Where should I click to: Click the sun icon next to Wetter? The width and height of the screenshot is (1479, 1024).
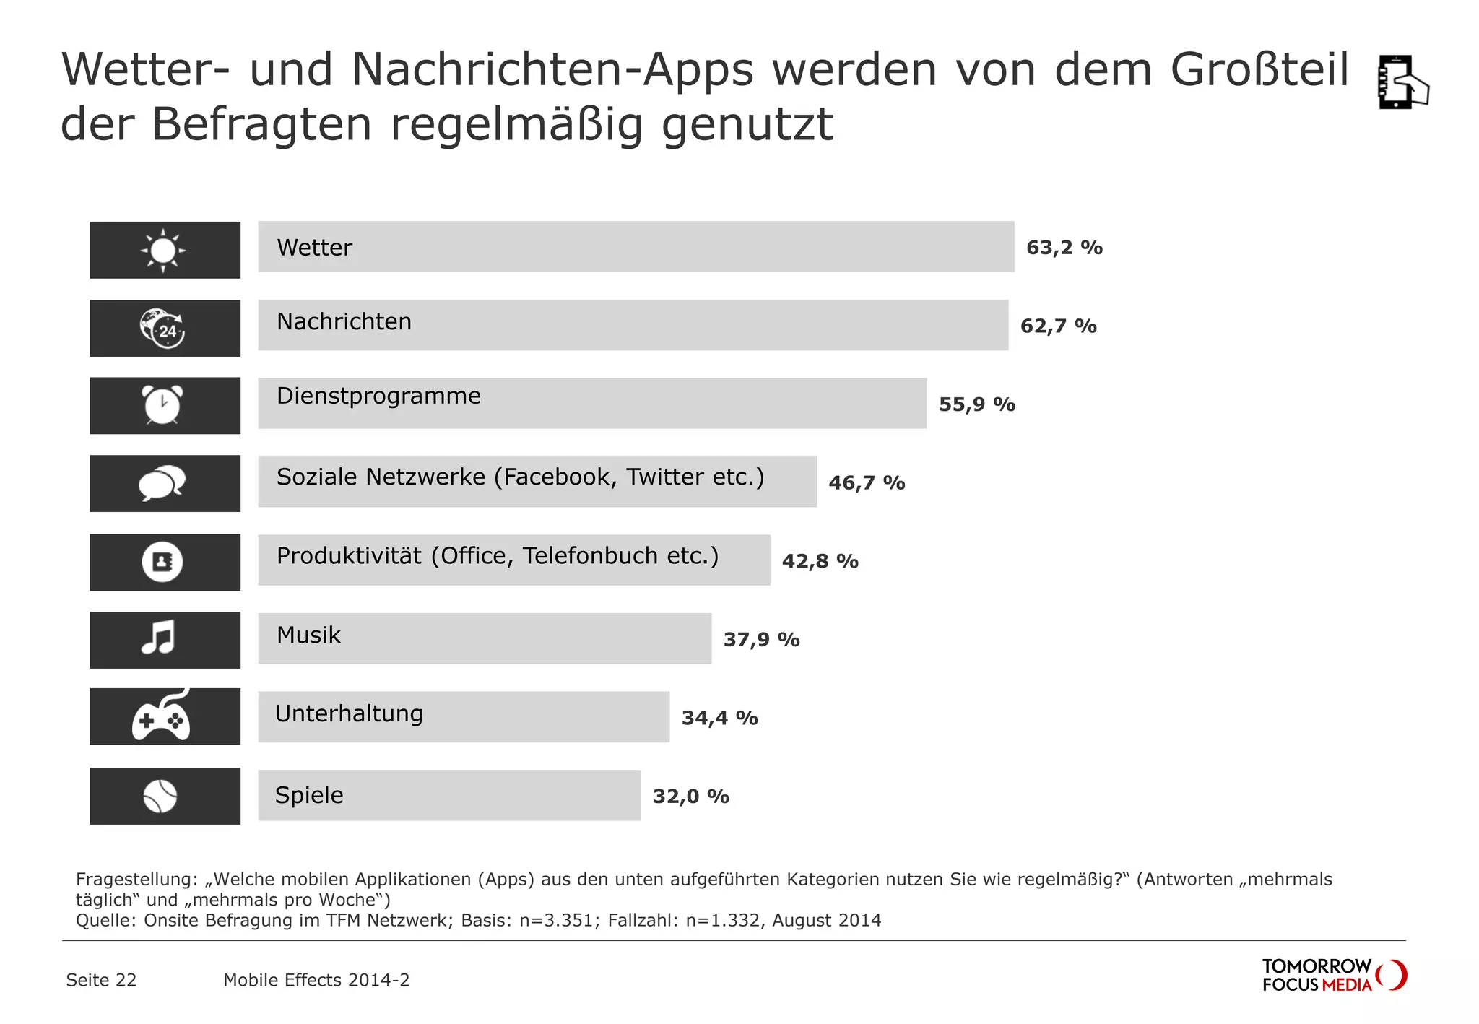tap(163, 250)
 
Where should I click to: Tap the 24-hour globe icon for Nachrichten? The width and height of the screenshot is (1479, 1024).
tap(163, 328)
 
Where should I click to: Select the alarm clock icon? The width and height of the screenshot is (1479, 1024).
tap(163, 405)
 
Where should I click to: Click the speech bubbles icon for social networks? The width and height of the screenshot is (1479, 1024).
tap(162, 483)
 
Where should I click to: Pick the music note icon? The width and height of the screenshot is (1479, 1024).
tap(159, 638)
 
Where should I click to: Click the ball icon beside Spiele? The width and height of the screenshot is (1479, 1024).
tap(160, 796)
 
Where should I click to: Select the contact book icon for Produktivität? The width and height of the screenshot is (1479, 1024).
tap(162, 562)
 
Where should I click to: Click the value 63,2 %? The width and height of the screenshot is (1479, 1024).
tap(1064, 248)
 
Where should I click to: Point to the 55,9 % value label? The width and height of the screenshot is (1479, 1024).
tap(976, 404)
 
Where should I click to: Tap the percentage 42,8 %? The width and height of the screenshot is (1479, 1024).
tap(820, 561)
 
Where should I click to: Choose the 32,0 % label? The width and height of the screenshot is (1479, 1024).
tap(690, 797)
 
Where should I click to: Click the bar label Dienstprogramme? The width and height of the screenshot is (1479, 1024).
tap(378, 396)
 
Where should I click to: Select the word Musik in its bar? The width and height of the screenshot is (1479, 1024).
tap(308, 635)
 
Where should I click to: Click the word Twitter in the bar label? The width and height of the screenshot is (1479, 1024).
tap(665, 477)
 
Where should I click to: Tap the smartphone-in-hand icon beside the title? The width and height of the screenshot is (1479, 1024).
tap(1402, 82)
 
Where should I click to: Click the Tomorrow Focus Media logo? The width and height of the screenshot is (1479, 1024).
tap(1333, 975)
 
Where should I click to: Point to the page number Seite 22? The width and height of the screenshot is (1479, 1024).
tap(101, 980)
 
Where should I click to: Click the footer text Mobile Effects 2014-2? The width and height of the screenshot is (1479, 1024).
tap(316, 980)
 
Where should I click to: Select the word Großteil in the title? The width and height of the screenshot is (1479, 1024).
tap(1259, 70)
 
